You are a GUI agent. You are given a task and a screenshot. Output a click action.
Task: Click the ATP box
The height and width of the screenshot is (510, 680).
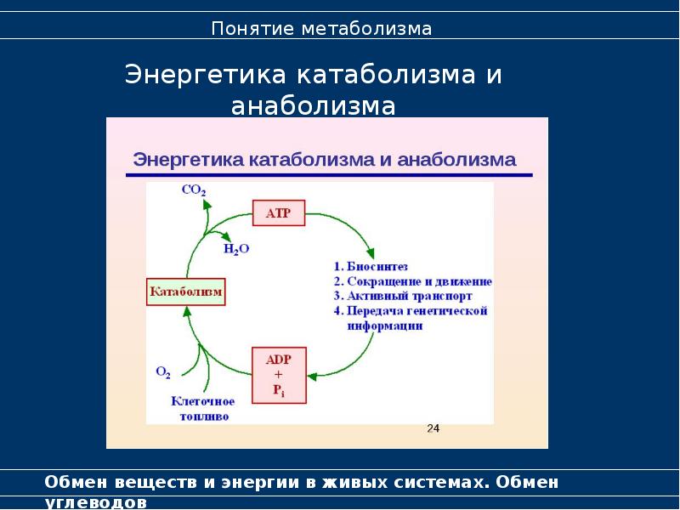(x=279, y=213)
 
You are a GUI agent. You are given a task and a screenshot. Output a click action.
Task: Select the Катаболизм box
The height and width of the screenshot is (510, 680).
(x=186, y=292)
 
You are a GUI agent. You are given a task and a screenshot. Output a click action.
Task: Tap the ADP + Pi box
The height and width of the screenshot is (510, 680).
(x=280, y=374)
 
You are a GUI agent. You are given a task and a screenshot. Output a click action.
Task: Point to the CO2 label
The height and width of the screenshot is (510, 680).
(x=193, y=191)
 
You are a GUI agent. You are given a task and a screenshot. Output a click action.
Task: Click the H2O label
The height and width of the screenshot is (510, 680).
(x=237, y=249)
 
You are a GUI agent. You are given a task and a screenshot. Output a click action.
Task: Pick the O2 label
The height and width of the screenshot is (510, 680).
(x=163, y=371)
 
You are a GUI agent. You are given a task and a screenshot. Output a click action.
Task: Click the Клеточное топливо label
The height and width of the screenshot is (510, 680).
(x=203, y=409)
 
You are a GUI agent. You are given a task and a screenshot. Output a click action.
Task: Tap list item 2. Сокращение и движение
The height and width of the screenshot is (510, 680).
(x=413, y=281)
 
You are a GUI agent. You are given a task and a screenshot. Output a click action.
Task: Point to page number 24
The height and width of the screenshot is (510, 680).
(x=433, y=428)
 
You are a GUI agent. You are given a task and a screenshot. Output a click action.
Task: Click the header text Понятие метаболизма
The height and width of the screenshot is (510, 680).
(x=322, y=30)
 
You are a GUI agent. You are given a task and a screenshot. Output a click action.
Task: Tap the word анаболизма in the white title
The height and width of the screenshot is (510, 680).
(x=314, y=106)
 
